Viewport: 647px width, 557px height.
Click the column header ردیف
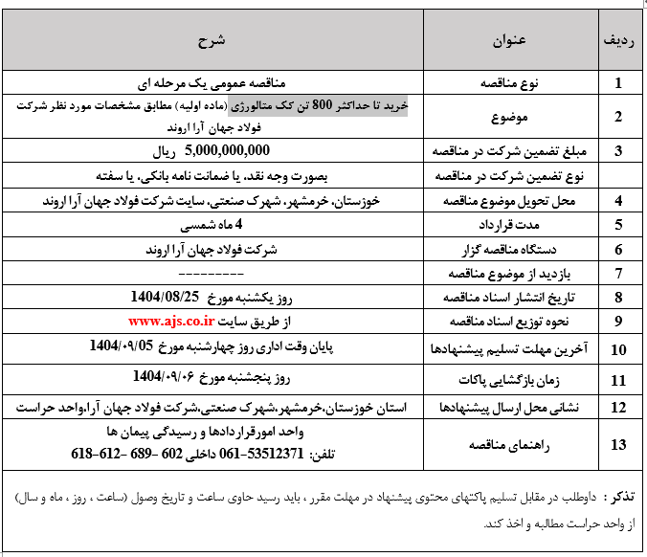[618, 42]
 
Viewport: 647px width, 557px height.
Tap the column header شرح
[212, 42]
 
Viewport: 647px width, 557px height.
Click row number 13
[618, 444]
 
